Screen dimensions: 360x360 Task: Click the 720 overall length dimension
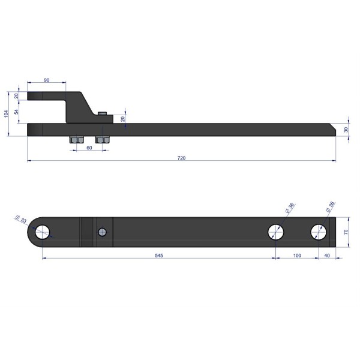coord(181,158)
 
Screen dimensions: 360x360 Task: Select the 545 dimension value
coord(159,256)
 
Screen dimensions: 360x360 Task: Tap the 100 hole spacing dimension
coord(297,256)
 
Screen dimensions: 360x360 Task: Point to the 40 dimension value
coord(327,256)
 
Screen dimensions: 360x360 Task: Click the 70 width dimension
coord(346,232)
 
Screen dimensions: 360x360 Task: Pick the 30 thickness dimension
coord(346,130)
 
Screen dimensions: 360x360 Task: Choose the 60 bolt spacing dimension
coord(89,148)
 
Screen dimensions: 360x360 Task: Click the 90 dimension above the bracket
coord(47,80)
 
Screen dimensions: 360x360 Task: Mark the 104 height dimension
coord(6,113)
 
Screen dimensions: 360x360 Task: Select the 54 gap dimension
coord(16,112)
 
